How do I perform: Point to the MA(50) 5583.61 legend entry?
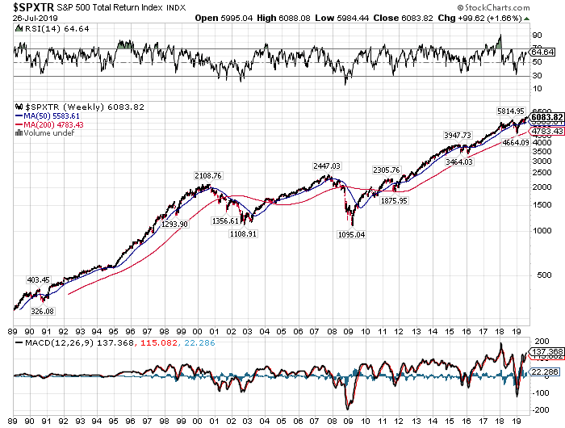point(44,115)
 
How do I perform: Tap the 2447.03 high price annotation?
point(327,166)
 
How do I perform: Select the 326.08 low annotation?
point(43,311)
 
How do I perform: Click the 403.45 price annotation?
point(39,280)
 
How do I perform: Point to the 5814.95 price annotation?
point(510,111)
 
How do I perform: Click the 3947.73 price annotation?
point(457,134)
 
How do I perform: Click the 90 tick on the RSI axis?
point(535,36)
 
